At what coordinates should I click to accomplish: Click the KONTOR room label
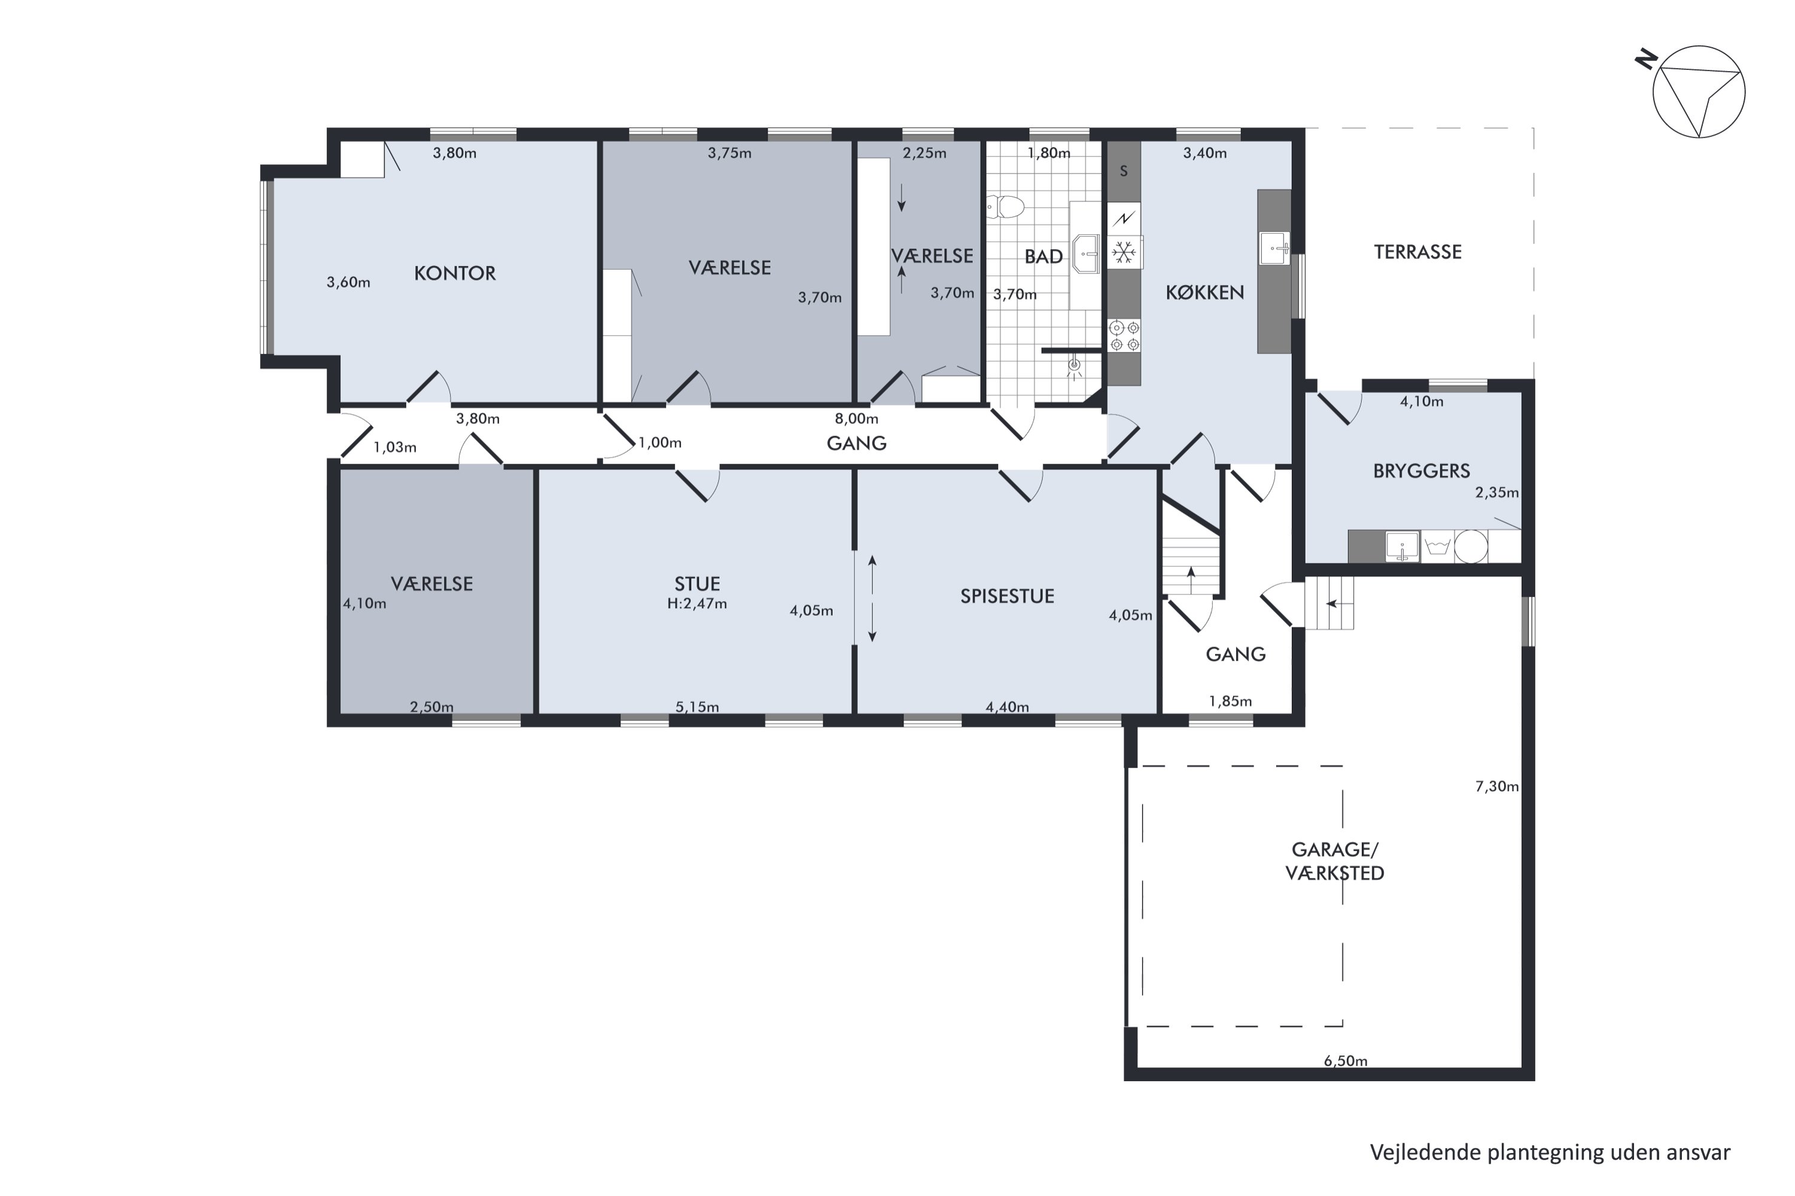point(455,273)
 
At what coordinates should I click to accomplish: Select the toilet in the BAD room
point(1006,207)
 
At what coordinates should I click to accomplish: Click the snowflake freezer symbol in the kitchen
point(1124,252)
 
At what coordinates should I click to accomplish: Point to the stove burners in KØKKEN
point(1124,336)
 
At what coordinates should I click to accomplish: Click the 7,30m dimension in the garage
point(1496,786)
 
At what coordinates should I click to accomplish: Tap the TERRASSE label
point(1418,252)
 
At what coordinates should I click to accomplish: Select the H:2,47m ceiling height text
point(697,604)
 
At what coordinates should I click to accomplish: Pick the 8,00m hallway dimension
point(856,419)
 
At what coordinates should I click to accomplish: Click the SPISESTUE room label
point(1008,596)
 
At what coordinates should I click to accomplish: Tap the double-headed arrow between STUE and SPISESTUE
point(872,599)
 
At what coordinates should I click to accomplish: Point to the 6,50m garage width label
point(1346,1061)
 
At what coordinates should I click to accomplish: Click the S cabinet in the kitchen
point(1124,172)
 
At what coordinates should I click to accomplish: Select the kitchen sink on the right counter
point(1274,248)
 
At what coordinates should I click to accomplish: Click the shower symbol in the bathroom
point(1074,367)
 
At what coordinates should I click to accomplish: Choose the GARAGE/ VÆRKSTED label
point(1335,861)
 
